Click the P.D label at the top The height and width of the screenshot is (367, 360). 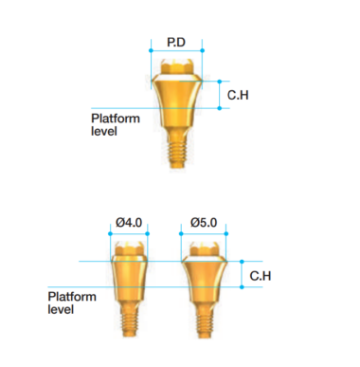pos(176,43)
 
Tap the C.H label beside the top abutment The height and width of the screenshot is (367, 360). pos(239,96)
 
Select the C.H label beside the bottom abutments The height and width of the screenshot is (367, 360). pos(262,276)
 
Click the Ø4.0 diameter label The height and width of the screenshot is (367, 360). pos(129,222)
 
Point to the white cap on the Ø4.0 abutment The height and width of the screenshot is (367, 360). pos(130,248)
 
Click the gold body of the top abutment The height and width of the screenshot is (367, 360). pos(176,104)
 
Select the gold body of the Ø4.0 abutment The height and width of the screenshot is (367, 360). pos(130,280)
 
